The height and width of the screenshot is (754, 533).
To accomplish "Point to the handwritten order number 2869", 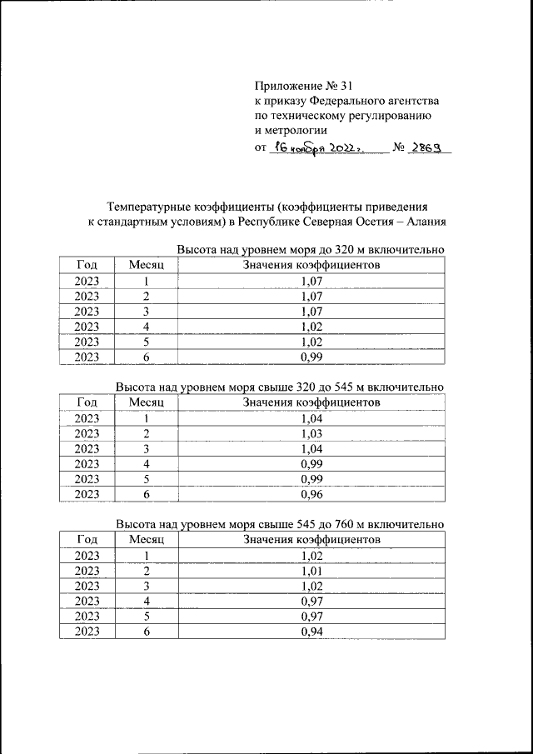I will point(426,147).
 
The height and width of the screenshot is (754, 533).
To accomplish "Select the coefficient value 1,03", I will point(311,434).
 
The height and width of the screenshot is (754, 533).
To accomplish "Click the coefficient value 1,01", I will point(311,572).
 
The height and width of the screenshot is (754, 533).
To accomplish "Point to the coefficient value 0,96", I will point(311,494).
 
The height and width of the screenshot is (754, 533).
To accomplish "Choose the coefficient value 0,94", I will point(311,632).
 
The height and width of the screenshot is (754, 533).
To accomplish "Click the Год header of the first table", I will point(87,265).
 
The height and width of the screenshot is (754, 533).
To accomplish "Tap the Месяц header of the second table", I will point(146,402).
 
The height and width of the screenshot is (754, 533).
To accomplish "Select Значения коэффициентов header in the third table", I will point(311,540).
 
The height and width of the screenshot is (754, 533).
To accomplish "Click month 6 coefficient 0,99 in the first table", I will point(311,357).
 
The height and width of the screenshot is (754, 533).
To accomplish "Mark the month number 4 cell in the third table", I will point(146,602).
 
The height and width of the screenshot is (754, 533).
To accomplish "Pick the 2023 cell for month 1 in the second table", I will point(87,419).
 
